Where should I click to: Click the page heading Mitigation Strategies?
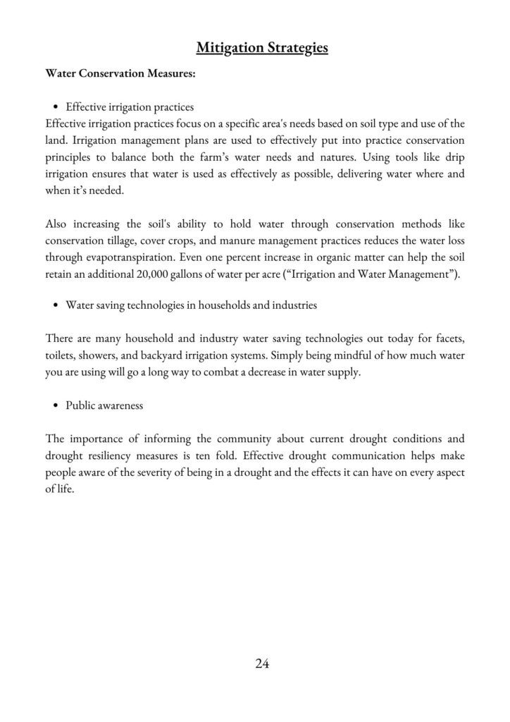click(262, 48)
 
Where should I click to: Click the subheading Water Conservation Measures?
click(116, 73)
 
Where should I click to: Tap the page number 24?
click(262, 663)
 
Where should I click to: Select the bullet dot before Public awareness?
click(56, 405)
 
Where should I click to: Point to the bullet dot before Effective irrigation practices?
click(56, 108)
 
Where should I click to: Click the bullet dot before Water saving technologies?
click(56, 305)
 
